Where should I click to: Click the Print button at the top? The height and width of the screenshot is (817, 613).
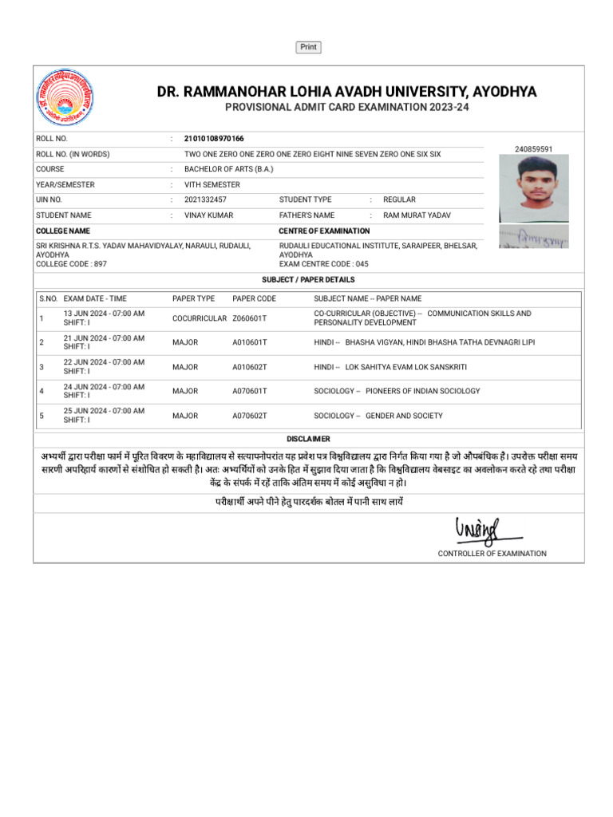tap(308, 47)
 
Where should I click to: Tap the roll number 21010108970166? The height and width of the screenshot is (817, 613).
tap(214, 139)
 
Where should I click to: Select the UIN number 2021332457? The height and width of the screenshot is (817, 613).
tap(205, 199)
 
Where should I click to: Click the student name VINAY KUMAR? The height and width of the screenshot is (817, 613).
tap(205, 215)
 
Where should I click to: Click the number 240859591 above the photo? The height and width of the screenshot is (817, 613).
tap(533, 149)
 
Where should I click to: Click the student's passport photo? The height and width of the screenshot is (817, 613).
tap(533, 188)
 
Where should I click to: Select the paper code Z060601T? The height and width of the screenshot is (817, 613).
tap(250, 318)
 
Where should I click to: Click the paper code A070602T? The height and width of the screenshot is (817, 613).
tap(250, 416)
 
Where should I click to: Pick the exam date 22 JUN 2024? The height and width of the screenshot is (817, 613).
tap(104, 362)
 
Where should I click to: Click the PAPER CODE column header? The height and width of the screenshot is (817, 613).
tap(254, 298)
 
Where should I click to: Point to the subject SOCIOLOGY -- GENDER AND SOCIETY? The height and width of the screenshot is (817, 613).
tap(378, 416)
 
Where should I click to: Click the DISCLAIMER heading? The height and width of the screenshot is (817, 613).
tap(308, 440)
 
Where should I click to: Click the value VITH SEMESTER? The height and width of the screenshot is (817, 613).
tap(212, 184)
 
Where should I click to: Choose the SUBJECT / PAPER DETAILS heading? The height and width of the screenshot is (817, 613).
tap(308, 280)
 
